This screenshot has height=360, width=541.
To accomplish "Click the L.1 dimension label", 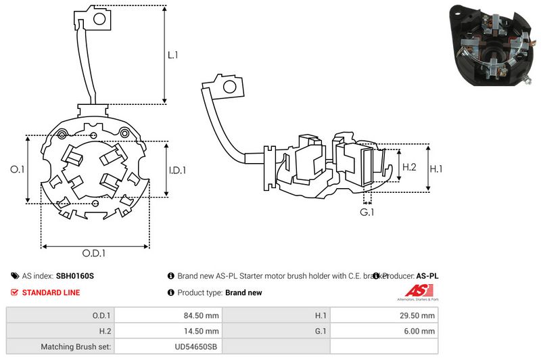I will point(172,56).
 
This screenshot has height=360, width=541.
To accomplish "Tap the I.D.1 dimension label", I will point(177,170).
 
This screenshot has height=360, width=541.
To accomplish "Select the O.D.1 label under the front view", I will point(94,254).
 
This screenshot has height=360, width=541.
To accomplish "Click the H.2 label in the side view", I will point(409,166).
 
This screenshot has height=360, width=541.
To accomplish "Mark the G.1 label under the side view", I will point(367,213).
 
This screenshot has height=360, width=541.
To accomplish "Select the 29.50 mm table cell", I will point(419,315).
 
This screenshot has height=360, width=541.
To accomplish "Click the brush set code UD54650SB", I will point(195,346).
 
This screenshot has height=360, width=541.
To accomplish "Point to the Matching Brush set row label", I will point(76,346).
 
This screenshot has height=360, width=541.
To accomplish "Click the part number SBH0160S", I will point(75,276).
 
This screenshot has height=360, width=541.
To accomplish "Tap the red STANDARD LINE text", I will point(51,292).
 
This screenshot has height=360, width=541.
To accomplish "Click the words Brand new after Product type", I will point(243,293).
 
